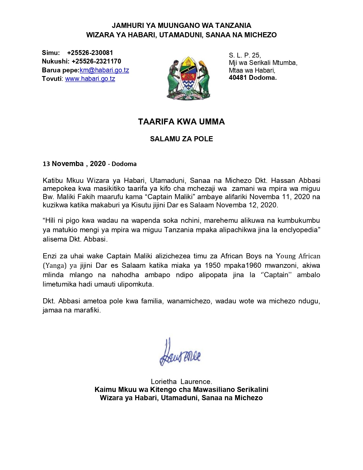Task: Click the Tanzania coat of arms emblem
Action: click(x=188, y=77)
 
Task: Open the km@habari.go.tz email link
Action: click(x=104, y=70)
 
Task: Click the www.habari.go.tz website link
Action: click(x=90, y=79)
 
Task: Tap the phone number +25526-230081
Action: click(x=90, y=53)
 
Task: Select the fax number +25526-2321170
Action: click(x=96, y=61)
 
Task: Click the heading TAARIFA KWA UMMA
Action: click(x=181, y=122)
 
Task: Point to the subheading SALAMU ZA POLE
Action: click(x=181, y=139)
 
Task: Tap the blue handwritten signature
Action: click(x=180, y=353)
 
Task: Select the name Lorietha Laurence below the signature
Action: click(x=181, y=381)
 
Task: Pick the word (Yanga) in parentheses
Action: click(x=55, y=265)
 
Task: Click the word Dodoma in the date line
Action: click(x=124, y=164)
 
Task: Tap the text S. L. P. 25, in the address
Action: click(x=245, y=55)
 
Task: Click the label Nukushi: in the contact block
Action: click(x=55, y=61)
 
